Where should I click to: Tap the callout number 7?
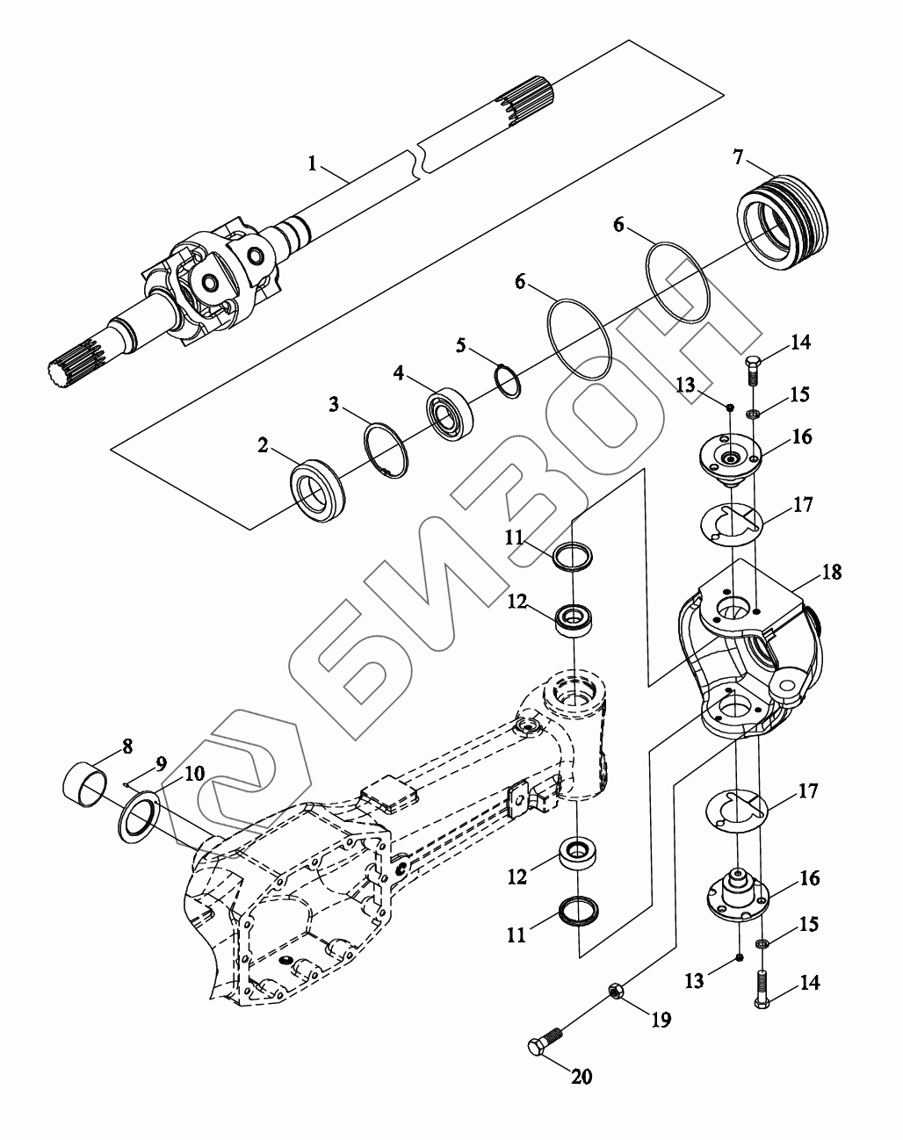tap(739, 157)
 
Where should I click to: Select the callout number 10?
tap(194, 774)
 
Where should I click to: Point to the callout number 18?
tap(831, 572)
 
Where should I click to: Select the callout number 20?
tap(582, 1076)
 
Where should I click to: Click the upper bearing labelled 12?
tap(575, 618)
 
